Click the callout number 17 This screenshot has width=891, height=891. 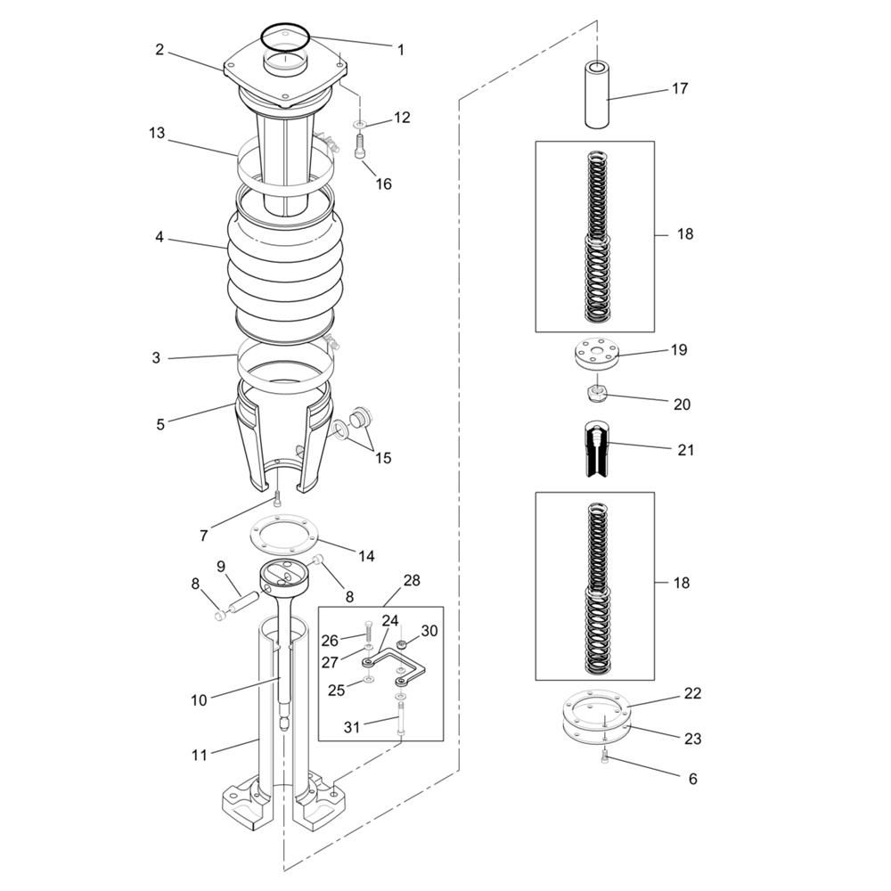(x=680, y=88)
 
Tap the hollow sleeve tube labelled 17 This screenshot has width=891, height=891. (x=597, y=94)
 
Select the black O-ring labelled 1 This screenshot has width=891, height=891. (x=285, y=37)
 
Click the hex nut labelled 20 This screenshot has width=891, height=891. (x=597, y=393)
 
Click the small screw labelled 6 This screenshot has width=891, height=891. (x=605, y=756)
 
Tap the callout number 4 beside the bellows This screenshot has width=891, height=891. (x=159, y=237)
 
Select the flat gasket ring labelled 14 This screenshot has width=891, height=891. (x=284, y=534)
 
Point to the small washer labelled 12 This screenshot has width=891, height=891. (x=359, y=124)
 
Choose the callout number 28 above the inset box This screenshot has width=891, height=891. (x=412, y=580)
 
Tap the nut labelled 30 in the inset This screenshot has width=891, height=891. (x=401, y=644)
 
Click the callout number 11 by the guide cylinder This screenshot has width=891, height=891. (x=199, y=756)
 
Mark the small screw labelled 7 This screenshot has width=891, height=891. (x=277, y=500)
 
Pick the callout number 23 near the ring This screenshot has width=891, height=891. (x=692, y=739)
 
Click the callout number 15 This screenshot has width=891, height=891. (x=383, y=458)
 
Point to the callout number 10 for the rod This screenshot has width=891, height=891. (x=199, y=700)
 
